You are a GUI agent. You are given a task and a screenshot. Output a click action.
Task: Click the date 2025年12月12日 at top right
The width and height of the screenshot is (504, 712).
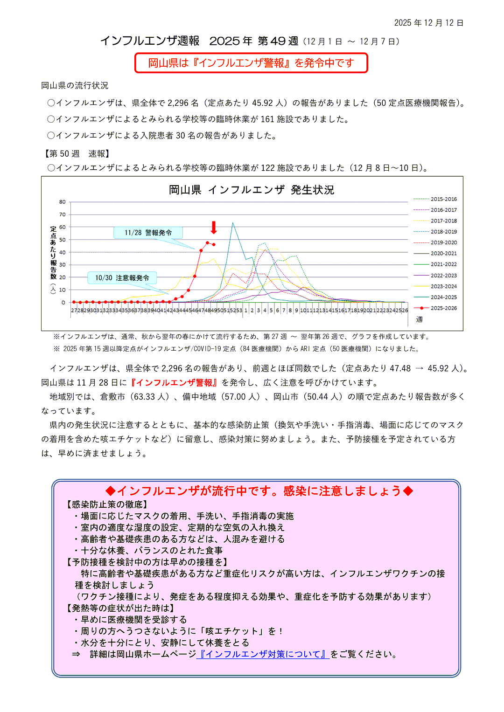pyautogui.click(x=428, y=23)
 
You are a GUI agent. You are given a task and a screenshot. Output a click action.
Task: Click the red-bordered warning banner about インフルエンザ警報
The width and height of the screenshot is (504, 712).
pyautogui.click(x=251, y=63)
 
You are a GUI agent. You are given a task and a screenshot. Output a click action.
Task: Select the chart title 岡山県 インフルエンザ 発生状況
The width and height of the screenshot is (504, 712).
pyautogui.click(x=251, y=190)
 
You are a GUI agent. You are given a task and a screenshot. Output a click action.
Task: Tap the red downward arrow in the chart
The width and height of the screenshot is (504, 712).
pyautogui.click(x=214, y=228)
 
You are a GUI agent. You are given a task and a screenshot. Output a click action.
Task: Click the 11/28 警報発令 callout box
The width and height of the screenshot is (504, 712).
pyautogui.click(x=148, y=233)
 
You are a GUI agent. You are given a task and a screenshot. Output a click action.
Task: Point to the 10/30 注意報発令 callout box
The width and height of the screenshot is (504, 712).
pyautogui.click(x=122, y=278)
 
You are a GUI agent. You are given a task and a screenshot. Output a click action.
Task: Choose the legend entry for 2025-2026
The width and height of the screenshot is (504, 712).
pyautogui.click(x=443, y=308)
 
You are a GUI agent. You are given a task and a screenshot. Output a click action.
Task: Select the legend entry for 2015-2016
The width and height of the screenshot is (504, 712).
pyautogui.click(x=443, y=199)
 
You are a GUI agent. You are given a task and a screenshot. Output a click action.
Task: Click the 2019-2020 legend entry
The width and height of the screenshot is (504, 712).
pyautogui.click(x=443, y=242)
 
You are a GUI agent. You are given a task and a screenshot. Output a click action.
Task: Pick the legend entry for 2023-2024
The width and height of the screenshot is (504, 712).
pyautogui.click(x=443, y=286)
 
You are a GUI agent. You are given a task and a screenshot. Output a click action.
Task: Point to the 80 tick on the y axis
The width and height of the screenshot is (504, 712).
pyautogui.click(x=63, y=202)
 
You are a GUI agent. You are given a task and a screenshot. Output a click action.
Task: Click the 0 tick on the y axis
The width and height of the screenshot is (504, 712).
pyautogui.click(x=63, y=303)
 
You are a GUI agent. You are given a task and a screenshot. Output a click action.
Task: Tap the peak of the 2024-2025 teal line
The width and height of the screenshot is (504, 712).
pyautogui.click(x=233, y=223)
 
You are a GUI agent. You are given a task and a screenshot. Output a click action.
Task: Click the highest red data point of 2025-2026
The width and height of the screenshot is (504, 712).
pyautogui.click(x=208, y=242)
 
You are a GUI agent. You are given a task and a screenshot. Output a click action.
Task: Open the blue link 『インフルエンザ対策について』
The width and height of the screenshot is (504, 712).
pyautogui.click(x=263, y=654)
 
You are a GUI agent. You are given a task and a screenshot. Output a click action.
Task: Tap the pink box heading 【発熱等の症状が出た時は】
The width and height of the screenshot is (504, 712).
pyautogui.click(x=121, y=608)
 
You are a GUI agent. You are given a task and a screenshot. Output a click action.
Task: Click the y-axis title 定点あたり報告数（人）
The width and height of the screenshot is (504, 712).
pyautogui.click(x=53, y=259)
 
